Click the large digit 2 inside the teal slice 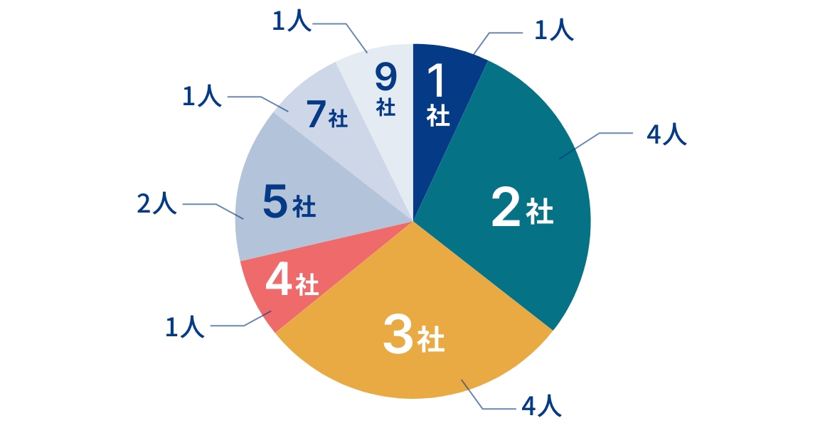506,208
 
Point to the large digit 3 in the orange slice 398,333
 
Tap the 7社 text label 327,114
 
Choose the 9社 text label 385,90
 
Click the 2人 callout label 156,203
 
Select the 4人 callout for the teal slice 666,134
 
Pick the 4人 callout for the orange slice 542,406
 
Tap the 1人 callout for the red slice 185,327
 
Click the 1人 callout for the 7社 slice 202,96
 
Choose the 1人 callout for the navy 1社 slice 554,31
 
